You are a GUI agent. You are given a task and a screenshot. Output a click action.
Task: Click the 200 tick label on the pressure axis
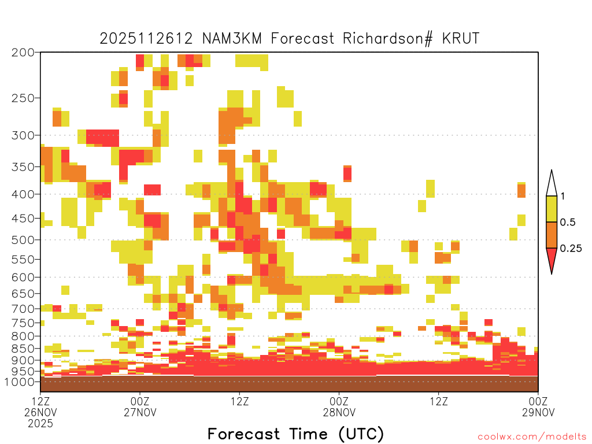(23, 53)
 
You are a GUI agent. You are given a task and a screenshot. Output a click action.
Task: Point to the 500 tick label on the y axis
(23, 240)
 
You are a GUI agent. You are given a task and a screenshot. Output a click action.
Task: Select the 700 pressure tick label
(23, 309)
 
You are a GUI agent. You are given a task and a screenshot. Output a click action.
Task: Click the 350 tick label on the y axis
(23, 167)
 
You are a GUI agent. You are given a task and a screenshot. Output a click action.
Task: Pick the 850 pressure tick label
(23, 349)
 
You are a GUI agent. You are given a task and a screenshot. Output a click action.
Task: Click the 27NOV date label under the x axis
(140, 412)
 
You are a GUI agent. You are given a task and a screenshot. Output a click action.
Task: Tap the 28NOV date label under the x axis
(339, 412)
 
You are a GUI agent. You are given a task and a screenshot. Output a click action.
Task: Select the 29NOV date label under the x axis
(538, 412)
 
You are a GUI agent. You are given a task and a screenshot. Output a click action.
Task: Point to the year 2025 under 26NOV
(40, 424)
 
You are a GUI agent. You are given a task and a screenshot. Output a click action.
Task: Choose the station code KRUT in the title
(461, 39)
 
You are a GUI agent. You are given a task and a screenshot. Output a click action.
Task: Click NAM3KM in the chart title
(232, 39)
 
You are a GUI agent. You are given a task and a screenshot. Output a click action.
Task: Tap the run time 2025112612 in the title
(146, 39)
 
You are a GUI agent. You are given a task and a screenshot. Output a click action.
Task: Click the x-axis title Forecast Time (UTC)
(295, 434)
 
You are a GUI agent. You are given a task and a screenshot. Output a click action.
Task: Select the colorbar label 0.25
(571, 249)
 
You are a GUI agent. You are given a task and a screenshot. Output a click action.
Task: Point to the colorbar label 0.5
(568, 223)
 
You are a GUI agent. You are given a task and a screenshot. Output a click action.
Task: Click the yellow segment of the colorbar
(552, 209)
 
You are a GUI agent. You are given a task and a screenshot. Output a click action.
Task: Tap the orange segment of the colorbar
(552, 235)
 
